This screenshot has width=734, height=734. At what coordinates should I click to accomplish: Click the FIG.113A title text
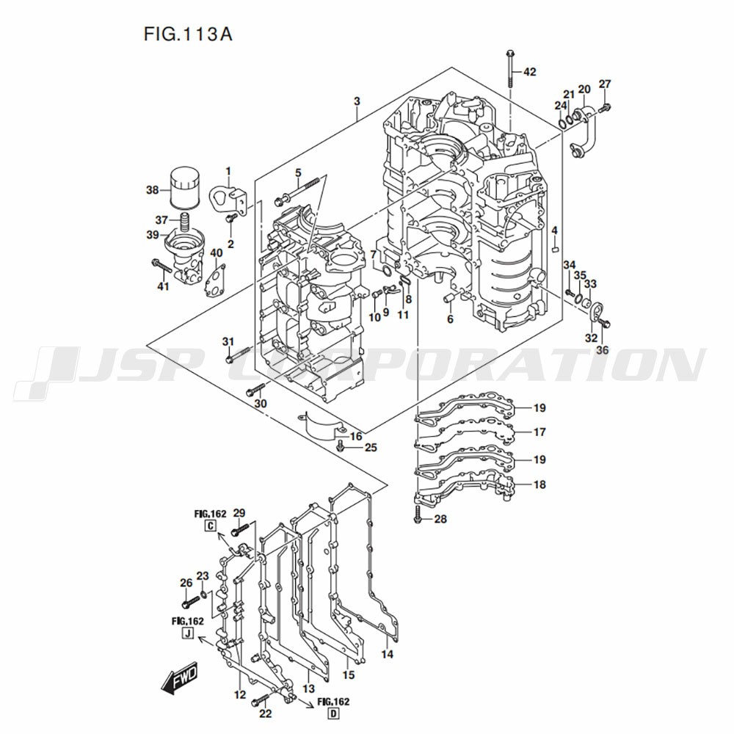tap(184, 34)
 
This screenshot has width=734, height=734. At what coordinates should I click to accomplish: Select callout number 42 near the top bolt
tap(529, 72)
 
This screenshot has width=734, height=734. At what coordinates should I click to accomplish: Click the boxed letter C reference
tap(211, 526)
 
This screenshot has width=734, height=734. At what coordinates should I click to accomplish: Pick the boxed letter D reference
tap(334, 714)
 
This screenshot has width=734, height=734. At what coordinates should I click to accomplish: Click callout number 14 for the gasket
tap(387, 654)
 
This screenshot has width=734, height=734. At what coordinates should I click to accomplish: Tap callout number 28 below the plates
tap(440, 520)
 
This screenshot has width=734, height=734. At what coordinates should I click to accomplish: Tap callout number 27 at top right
tap(605, 84)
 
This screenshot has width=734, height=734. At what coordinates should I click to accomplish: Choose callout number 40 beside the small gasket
tap(216, 253)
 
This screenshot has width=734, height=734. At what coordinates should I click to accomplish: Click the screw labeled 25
tap(339, 446)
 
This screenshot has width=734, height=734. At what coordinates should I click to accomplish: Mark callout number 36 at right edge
tap(602, 350)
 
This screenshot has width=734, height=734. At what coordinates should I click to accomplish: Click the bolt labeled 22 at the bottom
tap(260, 700)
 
